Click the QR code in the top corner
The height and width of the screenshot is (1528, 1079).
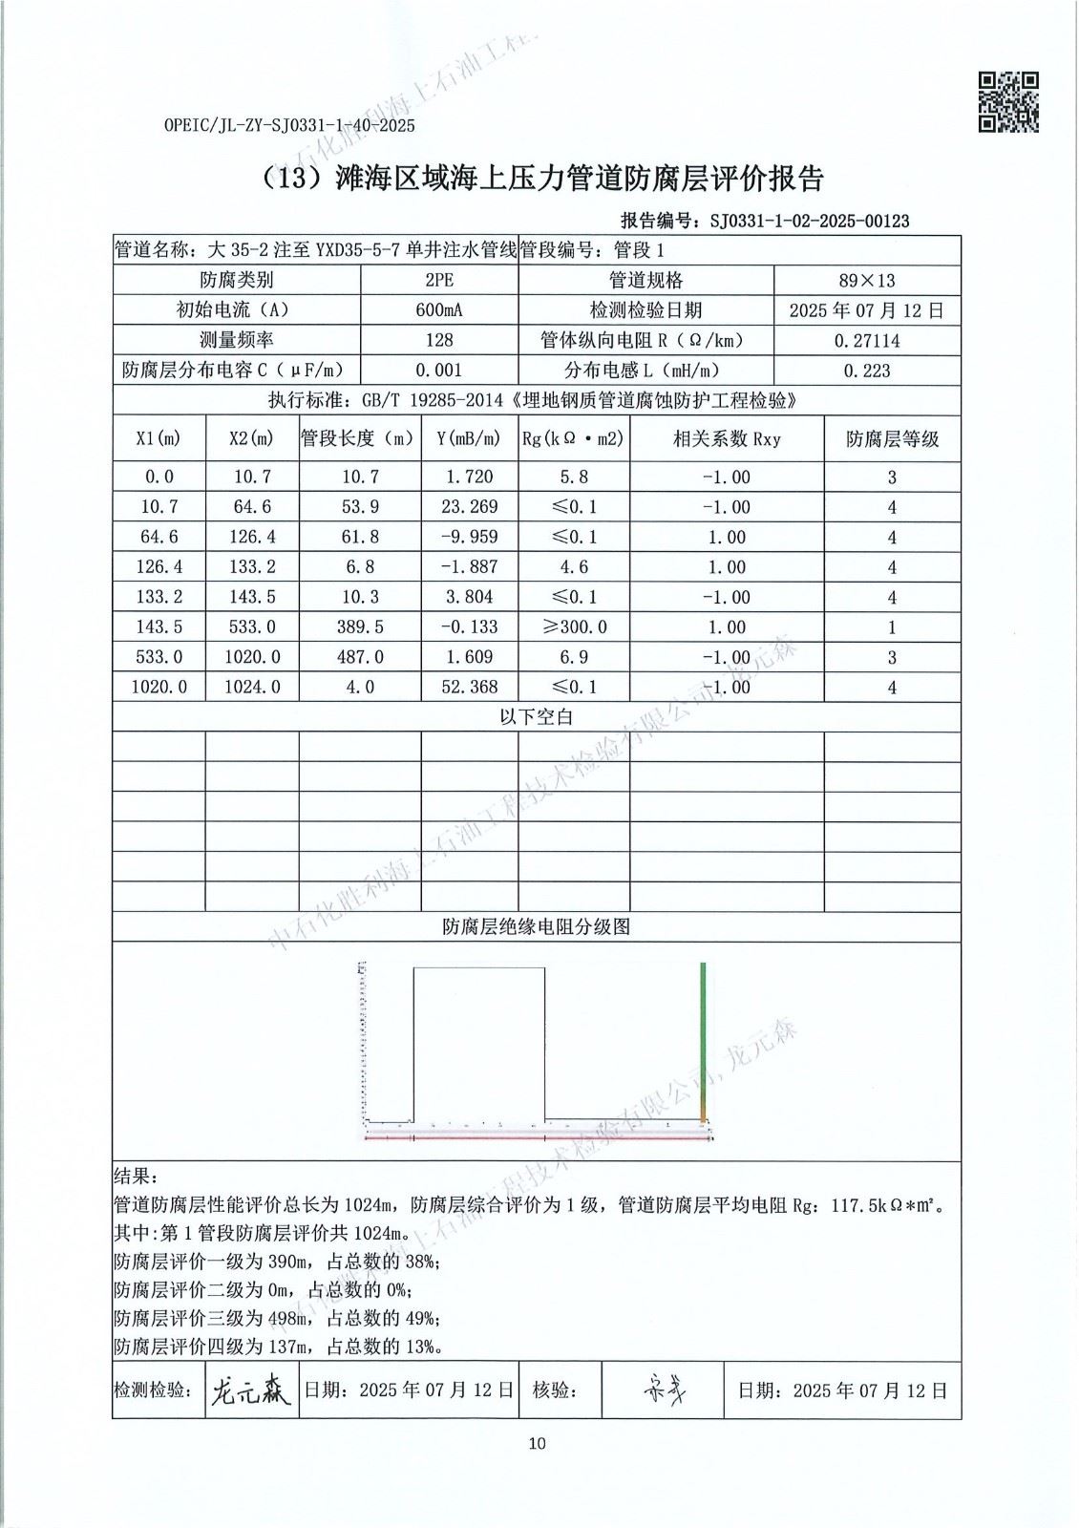[1008, 101]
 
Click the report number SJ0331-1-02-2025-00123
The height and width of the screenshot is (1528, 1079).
[810, 221]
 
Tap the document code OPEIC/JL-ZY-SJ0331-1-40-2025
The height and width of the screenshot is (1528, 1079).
[289, 125]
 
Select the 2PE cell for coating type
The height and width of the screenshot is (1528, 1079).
[439, 280]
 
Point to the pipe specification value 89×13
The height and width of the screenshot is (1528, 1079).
[866, 280]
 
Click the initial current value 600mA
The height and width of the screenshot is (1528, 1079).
[439, 310]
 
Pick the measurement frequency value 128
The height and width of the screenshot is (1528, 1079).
[439, 340]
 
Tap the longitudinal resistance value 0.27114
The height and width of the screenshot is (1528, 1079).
[866, 340]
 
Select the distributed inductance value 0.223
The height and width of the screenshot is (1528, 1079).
[866, 371]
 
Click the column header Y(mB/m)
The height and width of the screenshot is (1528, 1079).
[469, 438]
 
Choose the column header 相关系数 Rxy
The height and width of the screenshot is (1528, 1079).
[727, 438]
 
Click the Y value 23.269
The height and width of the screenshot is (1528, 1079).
[469, 506]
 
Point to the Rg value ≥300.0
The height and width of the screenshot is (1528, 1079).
[574, 626]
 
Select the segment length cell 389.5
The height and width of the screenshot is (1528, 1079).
[361, 626]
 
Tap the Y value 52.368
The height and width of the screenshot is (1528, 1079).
[469, 687]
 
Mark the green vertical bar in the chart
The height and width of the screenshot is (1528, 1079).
[704, 1036]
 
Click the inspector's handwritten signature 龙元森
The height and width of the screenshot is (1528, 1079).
[249, 1390]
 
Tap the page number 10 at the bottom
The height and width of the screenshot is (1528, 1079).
[538, 1443]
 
